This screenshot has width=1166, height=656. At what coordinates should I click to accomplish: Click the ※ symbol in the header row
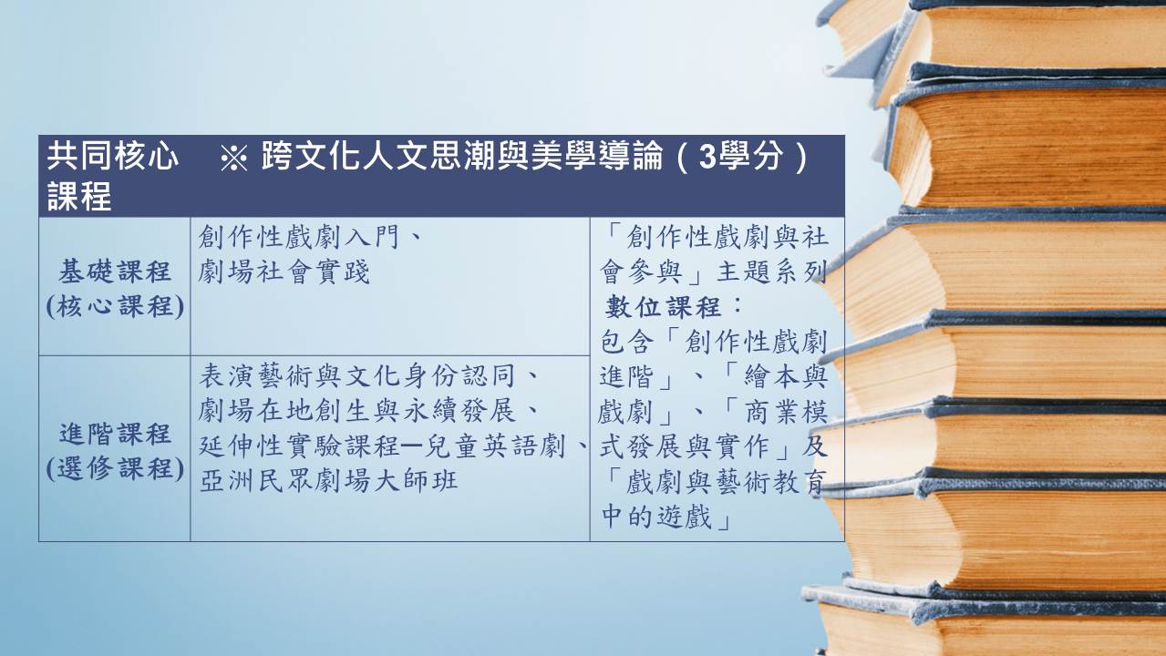[233, 158]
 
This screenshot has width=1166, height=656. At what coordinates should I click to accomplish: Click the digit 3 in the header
[708, 156]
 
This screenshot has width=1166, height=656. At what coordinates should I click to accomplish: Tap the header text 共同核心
[112, 156]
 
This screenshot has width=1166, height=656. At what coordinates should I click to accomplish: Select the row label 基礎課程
[115, 272]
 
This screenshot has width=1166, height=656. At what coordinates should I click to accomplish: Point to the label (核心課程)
[115, 306]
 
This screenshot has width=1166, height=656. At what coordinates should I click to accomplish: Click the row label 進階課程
[115, 434]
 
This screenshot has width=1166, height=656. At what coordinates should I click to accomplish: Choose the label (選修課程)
[115, 468]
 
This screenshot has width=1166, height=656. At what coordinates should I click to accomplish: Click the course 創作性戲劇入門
[298, 237]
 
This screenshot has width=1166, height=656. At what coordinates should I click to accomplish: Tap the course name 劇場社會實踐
[284, 272]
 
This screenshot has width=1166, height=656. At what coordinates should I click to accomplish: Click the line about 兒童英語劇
[382, 446]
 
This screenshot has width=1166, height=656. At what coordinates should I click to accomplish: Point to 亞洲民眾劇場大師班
[328, 480]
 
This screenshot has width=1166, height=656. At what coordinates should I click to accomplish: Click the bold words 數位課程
[663, 307]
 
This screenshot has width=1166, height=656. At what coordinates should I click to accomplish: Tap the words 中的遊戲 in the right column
[656, 516]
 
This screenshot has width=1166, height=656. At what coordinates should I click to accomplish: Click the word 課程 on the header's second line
[79, 197]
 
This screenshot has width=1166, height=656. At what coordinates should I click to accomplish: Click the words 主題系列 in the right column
[772, 272]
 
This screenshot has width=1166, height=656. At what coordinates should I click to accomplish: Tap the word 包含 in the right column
[627, 342]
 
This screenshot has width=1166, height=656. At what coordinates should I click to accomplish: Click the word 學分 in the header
[750, 156]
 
